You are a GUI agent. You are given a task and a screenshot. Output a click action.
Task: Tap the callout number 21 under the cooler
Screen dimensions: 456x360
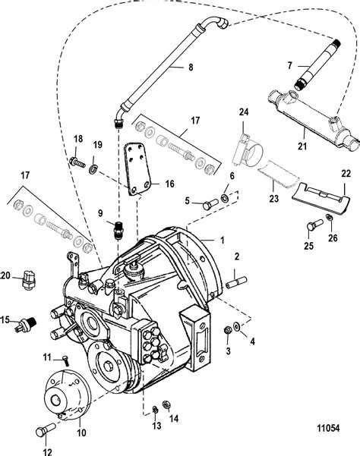coord(302,146)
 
